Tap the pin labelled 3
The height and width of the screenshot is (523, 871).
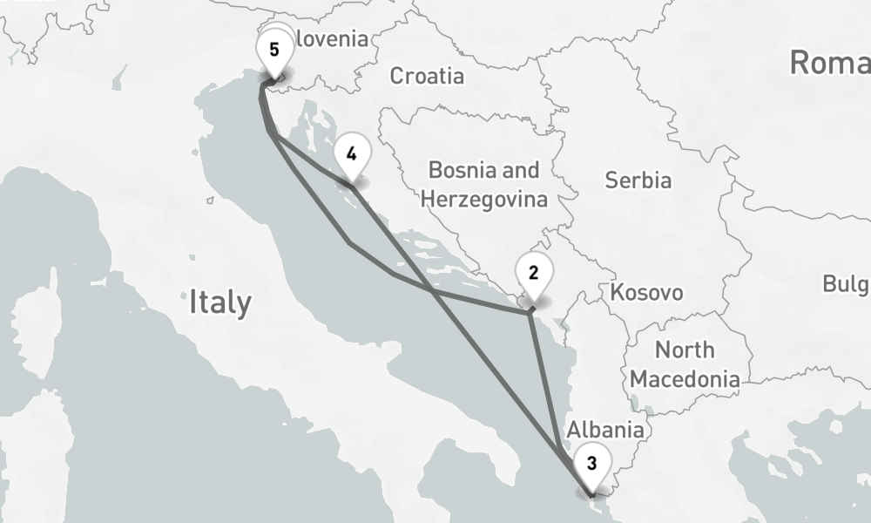click(x=591, y=463)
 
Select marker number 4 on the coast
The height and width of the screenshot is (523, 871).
click(x=351, y=154)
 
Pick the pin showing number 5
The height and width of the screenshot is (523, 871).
click(x=274, y=50)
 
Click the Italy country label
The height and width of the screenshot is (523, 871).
click(x=220, y=303)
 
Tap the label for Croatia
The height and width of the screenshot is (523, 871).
click(x=427, y=76)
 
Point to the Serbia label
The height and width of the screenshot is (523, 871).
click(x=638, y=180)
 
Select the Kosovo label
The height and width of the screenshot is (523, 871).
click(x=647, y=292)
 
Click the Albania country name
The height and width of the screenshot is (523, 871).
click(x=605, y=430)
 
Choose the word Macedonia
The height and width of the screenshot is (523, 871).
click(x=685, y=379)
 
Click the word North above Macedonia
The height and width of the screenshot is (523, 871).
click(x=685, y=350)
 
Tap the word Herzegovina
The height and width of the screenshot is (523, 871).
click(x=484, y=200)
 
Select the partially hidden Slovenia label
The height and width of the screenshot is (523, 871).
click(x=332, y=39)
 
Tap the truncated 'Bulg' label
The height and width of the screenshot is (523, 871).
click(x=846, y=284)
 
